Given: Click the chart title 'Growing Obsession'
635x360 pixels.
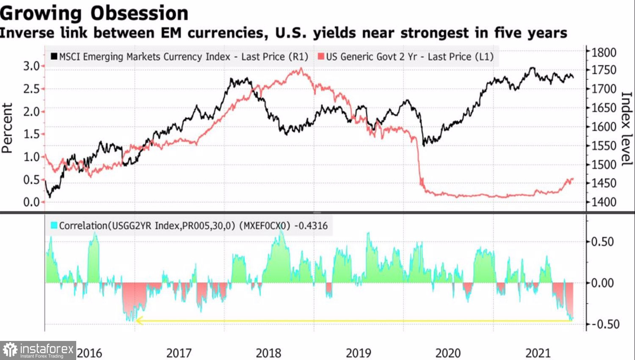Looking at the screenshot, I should [94, 13].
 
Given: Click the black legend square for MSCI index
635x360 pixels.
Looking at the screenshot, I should [54, 56].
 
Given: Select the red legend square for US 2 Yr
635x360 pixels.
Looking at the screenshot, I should [321, 56].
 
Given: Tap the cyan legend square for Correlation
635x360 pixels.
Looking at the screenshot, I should [54, 225].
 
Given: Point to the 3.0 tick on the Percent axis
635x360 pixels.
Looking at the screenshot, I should [31, 66].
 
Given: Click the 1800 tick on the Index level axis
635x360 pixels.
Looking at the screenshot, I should [603, 53].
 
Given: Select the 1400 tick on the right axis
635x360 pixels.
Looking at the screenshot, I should [603, 202].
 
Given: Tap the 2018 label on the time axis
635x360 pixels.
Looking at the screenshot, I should [268, 353].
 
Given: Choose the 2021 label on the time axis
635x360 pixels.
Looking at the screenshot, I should [538, 353].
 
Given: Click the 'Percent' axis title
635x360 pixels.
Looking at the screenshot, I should [7, 128].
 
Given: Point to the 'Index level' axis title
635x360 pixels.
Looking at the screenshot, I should [626, 128].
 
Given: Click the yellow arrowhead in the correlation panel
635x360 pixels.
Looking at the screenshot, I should [139, 321].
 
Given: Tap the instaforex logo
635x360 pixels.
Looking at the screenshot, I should [38, 350].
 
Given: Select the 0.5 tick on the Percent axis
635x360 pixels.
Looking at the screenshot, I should [31, 180].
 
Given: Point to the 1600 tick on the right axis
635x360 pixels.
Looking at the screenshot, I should [603, 127].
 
